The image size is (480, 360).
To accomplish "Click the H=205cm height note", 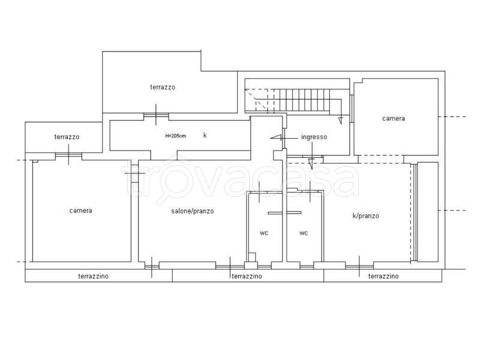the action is pos(175,136).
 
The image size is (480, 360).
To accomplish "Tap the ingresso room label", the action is pos(314,137).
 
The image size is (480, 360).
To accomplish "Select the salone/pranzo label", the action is pos(192,211).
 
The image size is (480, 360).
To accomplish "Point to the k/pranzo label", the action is pos(365,216).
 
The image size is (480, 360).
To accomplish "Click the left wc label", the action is pos(264,233).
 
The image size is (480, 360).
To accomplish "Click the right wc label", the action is pos(304,233).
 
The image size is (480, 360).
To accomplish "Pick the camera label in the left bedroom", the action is pos(80,211).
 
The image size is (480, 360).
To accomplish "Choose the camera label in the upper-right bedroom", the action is pos(394,118).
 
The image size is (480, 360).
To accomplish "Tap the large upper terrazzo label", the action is pos(163,87).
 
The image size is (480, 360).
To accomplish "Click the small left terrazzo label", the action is pos(67,137).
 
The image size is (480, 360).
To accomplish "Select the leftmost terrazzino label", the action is pos(93,276).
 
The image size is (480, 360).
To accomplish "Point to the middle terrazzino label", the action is pos(247,276).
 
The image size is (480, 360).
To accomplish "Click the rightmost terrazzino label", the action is pos(383,276).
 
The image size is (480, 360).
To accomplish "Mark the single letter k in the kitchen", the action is pos(205,135).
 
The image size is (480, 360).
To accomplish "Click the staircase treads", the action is pos(302,100).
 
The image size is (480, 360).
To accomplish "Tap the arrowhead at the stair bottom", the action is pos(340,121).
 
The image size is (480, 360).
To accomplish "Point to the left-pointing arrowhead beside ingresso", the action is pos(275,138).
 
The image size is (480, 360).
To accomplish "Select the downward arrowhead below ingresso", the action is pos(311,164).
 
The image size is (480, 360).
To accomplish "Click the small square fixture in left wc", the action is pos(252,257).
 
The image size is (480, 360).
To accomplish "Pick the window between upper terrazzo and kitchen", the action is pos(156,115).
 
